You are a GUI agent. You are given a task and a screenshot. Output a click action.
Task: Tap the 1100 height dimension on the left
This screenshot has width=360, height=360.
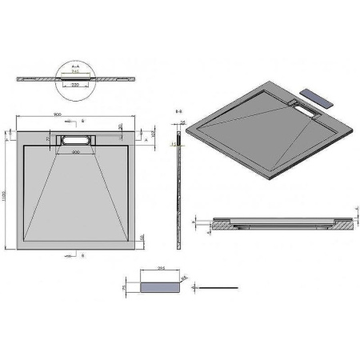click(7, 185)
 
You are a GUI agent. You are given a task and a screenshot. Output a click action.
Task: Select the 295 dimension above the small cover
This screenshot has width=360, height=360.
click(160, 270)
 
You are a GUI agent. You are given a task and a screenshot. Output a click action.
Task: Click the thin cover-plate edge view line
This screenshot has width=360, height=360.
click(221, 284)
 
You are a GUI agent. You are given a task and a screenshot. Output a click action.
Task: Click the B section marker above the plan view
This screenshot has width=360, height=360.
click(83, 121)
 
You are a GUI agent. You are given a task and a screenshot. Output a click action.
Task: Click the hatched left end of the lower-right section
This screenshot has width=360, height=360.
click(223, 226)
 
